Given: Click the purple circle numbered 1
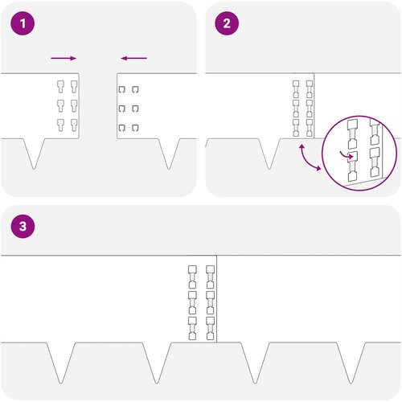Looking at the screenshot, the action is click(23, 23).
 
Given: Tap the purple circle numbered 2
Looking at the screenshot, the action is click(227, 23).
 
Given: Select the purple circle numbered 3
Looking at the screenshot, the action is click(23, 226).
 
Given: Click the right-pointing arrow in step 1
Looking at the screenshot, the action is click(64, 58).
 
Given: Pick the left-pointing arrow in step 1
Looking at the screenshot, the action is click(133, 58).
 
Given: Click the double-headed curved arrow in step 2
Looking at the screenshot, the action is click(309, 158).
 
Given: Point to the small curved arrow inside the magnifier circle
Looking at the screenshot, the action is click(347, 154).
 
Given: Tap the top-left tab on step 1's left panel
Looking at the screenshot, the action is click(61, 87).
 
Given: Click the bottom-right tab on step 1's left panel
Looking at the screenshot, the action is click(74, 125).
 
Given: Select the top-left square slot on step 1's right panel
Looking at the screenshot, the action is click(122, 89).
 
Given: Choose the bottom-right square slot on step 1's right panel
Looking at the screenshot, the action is click(135, 128).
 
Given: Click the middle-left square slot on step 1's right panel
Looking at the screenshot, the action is click(122, 109).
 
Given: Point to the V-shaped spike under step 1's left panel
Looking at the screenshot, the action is click(34, 154).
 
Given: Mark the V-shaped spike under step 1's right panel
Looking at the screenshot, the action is click(169, 154).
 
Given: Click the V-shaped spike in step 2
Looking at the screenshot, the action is click(270, 154).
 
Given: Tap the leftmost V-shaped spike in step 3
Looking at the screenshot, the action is click(61, 363).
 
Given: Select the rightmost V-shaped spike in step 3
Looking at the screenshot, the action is click(351, 363).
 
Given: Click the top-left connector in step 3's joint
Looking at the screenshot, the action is click(192, 277).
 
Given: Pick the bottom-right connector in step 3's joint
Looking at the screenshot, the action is click(211, 328).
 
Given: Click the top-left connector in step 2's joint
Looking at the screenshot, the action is click(296, 89).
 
